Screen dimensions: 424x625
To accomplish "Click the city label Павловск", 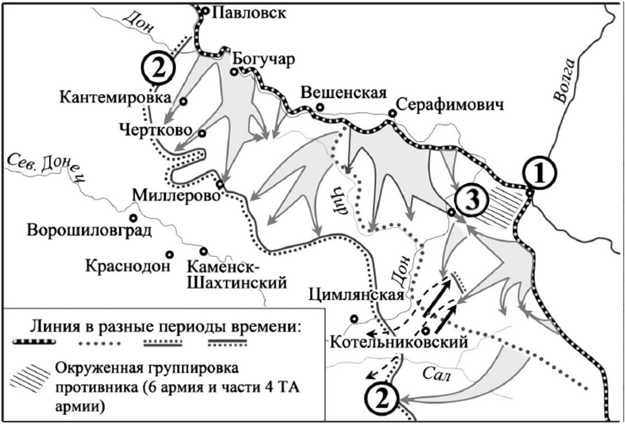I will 249,13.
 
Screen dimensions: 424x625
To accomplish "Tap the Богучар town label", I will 264,59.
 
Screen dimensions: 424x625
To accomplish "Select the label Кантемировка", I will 115,97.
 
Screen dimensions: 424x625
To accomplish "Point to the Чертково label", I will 156,130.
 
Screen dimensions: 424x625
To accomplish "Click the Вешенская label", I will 344,93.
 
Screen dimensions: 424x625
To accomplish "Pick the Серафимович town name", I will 450,105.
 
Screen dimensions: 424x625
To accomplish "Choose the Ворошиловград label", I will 89,231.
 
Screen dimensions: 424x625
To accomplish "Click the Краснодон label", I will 128,266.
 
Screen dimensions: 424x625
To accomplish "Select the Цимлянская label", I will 356,295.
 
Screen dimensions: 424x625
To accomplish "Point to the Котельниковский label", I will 399,342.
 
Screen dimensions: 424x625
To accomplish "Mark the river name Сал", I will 436,374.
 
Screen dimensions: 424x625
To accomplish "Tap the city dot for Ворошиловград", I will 133,218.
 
